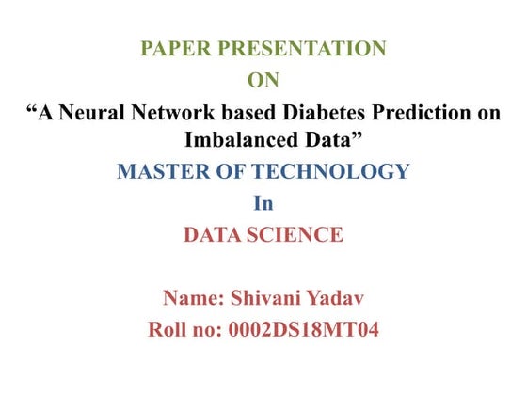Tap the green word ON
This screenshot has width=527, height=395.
[x=263, y=81]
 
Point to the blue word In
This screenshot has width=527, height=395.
[x=263, y=202]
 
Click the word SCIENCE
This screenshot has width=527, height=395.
[x=300, y=233]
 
